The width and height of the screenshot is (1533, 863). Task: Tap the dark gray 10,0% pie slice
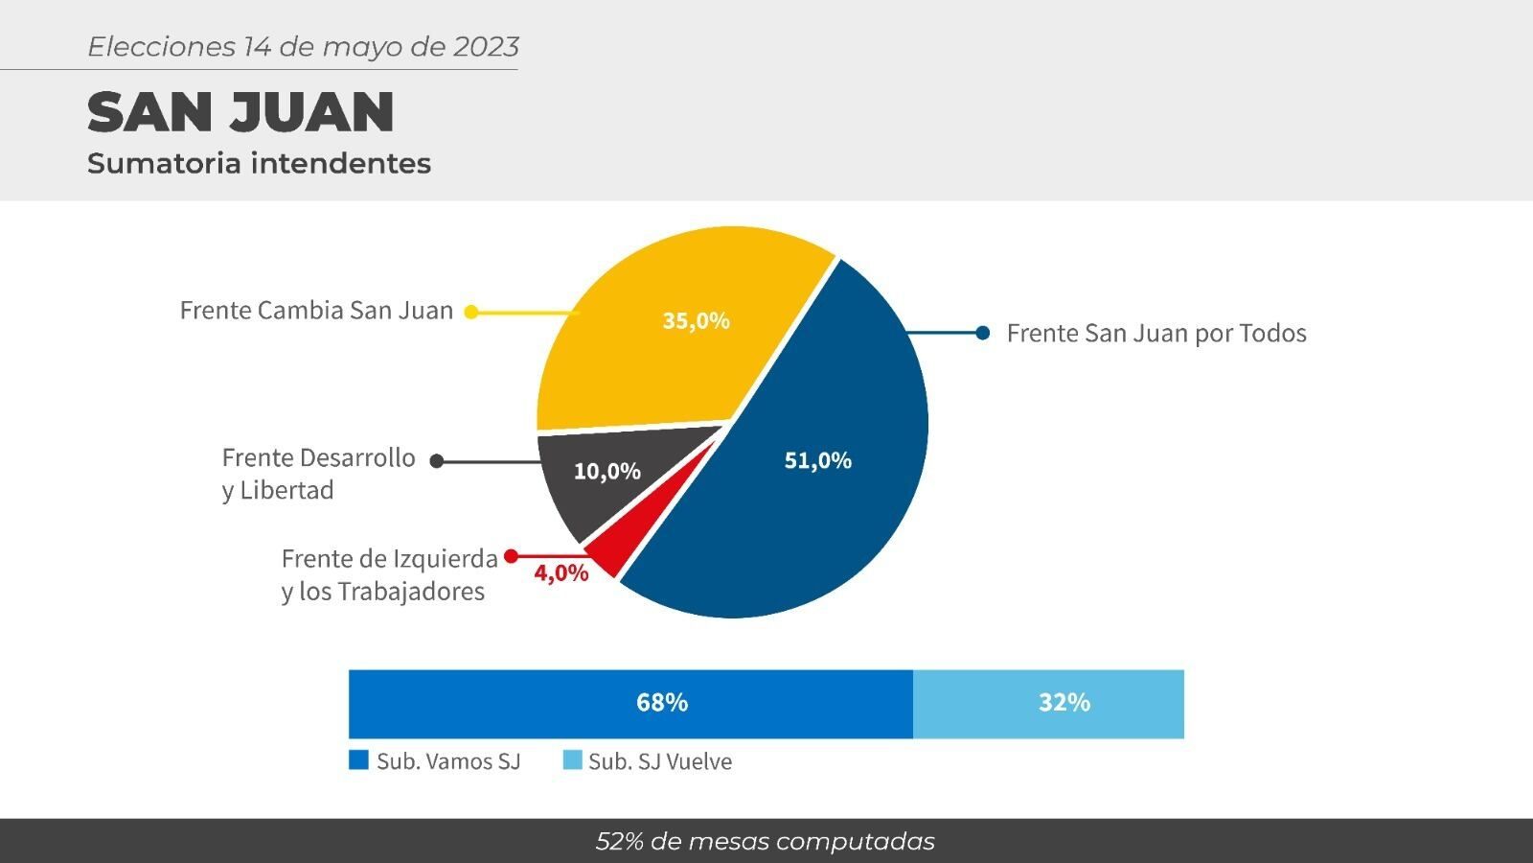coord(609,473)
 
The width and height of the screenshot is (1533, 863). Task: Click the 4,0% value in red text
coord(561,572)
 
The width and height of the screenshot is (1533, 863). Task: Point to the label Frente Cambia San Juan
coord(316,311)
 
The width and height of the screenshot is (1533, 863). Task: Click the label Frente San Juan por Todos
coord(1156,334)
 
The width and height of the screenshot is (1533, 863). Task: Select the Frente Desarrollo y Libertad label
coord(318,474)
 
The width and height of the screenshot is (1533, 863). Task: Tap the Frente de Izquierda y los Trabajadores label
coord(389,574)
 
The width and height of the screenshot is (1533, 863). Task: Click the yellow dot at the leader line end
coord(470,312)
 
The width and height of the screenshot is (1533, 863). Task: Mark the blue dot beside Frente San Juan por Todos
coord(983,333)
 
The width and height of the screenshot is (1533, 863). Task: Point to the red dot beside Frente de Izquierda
coord(511,556)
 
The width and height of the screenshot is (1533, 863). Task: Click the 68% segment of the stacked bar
coord(630,704)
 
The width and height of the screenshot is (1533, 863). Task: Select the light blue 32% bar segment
coord(1048,704)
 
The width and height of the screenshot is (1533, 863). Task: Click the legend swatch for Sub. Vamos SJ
coord(358,760)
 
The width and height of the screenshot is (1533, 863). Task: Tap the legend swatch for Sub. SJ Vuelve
coord(572,760)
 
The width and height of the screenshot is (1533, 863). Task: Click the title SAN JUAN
coord(240,111)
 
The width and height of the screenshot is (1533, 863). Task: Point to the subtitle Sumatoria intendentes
coord(259,164)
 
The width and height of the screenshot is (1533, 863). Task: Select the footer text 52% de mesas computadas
coord(766,842)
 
